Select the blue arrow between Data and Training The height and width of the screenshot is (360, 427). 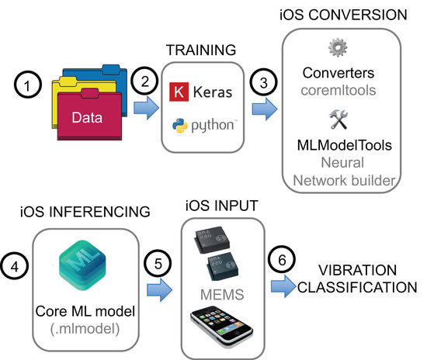pos(147,112)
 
